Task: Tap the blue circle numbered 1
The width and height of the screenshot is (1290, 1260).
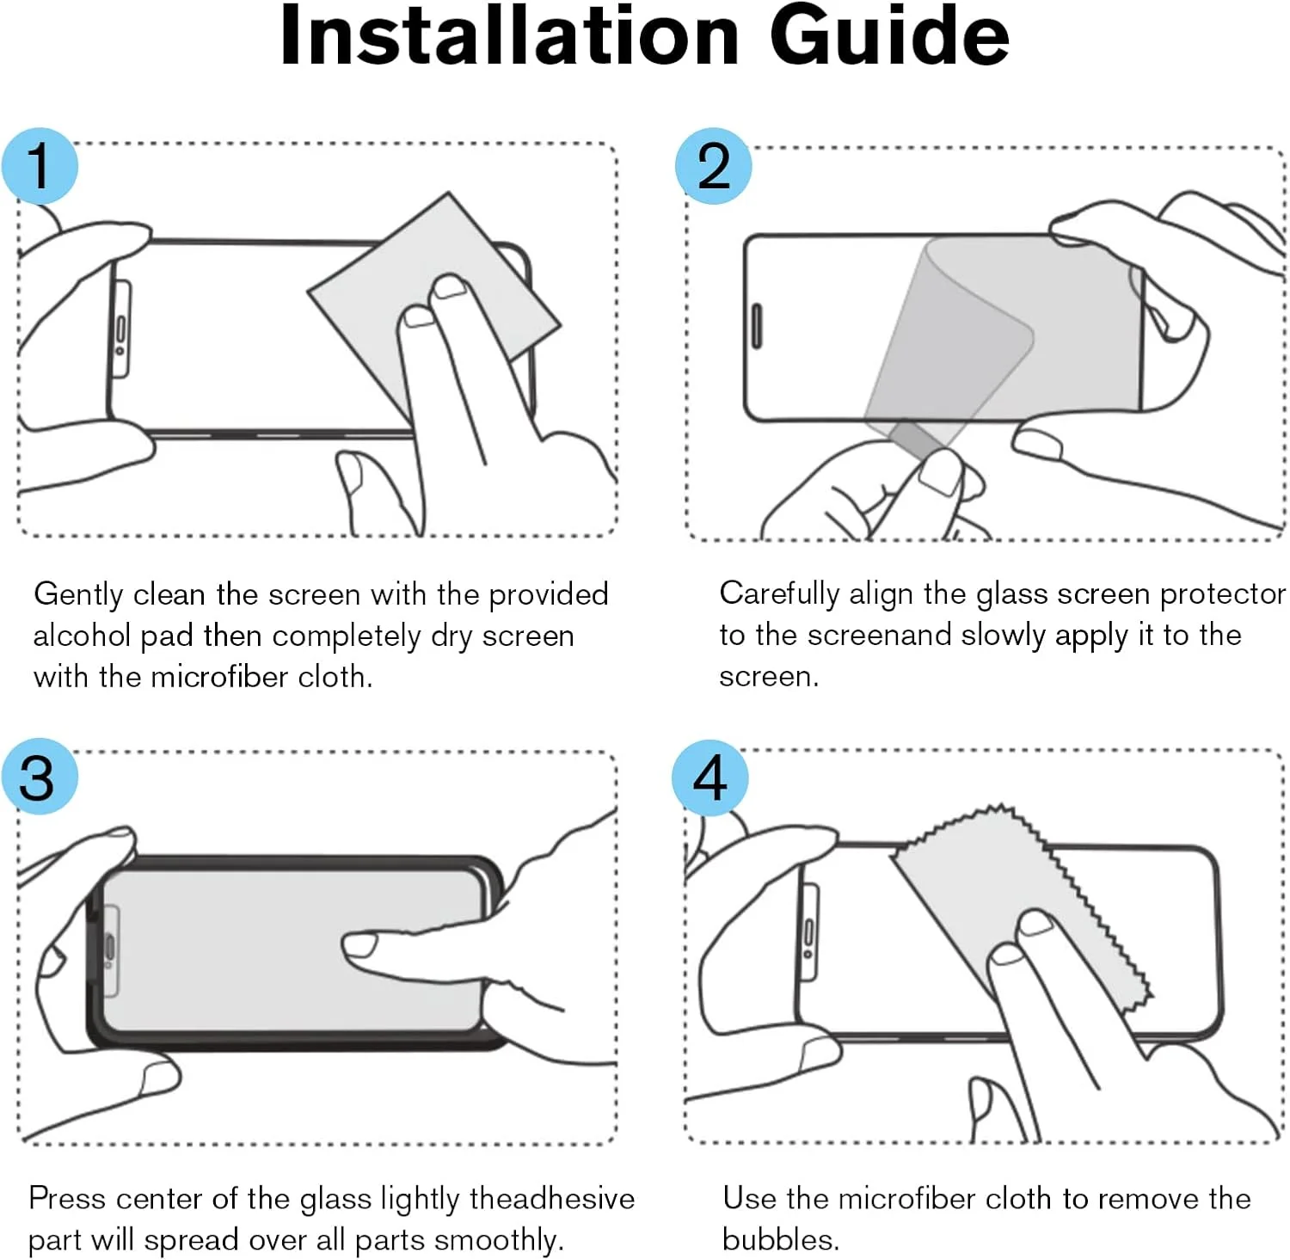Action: pos(40,166)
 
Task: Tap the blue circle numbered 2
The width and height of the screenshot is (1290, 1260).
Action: pos(713,166)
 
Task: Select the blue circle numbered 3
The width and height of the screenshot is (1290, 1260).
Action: pos(40,777)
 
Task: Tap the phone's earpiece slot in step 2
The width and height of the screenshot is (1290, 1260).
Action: pos(758,326)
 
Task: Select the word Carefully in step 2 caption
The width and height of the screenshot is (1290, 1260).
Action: pos(779,593)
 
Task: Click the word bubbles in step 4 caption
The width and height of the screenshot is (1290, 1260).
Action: pos(780,1239)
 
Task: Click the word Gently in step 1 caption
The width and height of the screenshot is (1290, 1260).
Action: pos(78,594)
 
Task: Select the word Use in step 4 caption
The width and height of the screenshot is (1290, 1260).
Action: pos(750,1198)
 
